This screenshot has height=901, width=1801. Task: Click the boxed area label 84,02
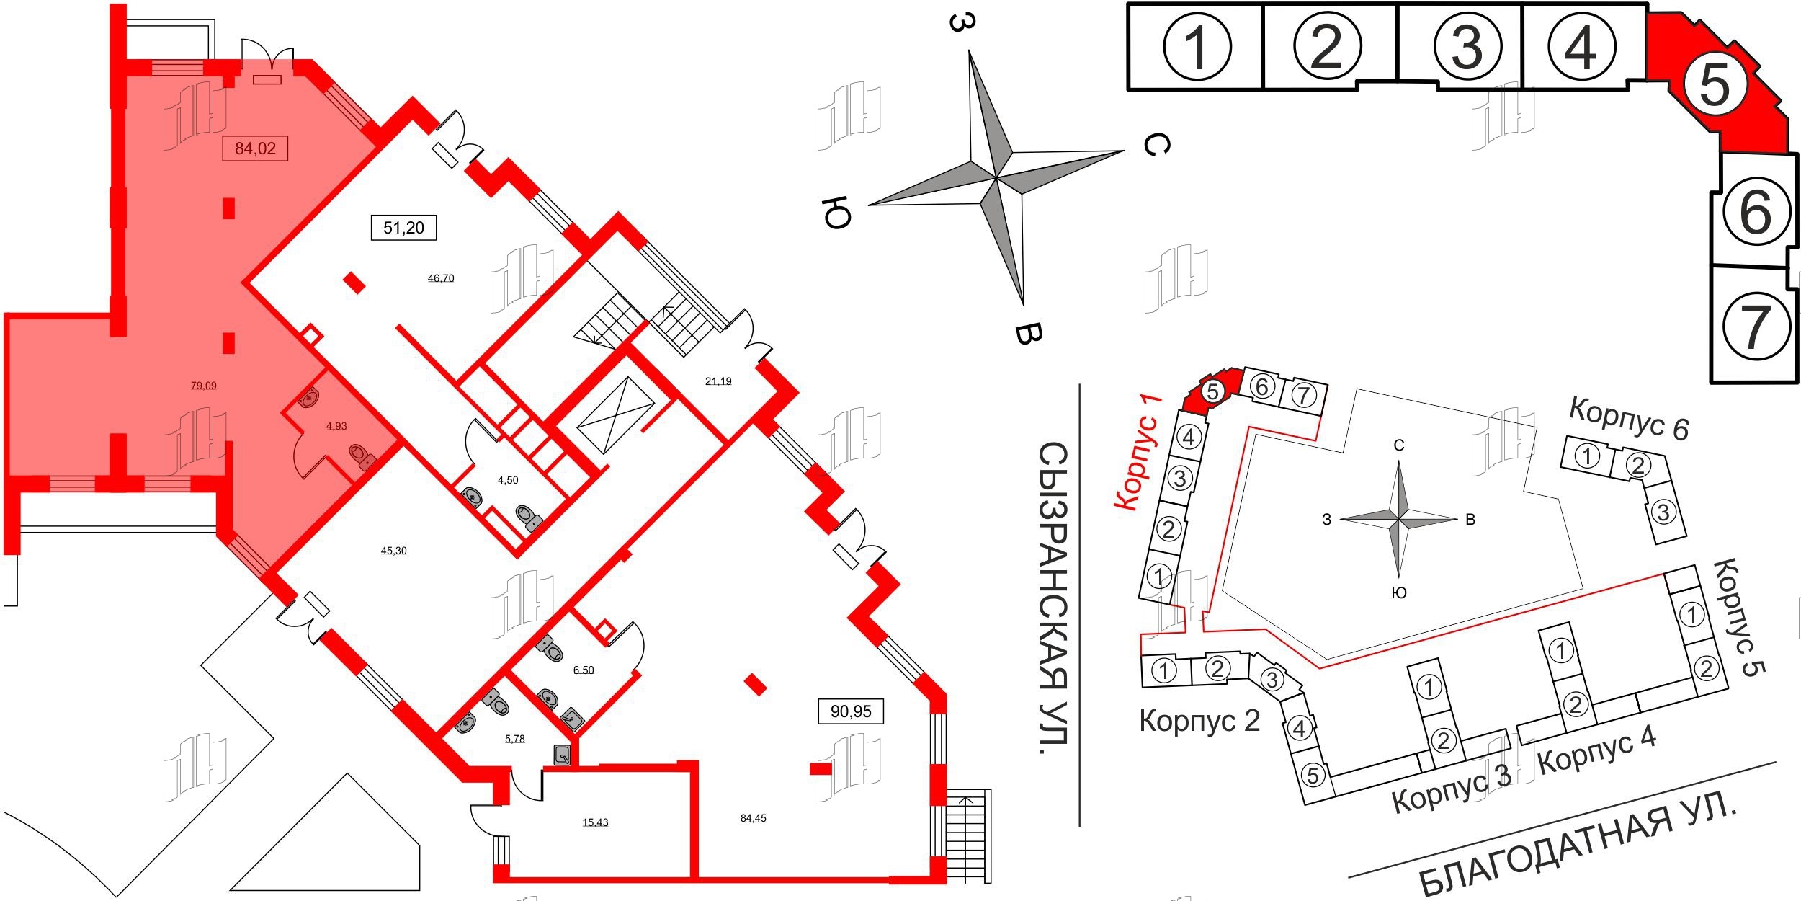click(x=255, y=148)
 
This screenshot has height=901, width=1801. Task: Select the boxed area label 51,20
click(x=403, y=228)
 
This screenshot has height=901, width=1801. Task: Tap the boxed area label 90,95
click(x=851, y=711)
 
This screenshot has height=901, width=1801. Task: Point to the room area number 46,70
click(x=441, y=278)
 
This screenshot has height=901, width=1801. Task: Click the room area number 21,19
click(x=718, y=381)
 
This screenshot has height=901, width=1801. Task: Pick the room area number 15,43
click(x=595, y=822)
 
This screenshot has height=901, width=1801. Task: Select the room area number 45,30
click(x=393, y=551)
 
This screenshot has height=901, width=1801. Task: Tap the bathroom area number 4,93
click(x=336, y=426)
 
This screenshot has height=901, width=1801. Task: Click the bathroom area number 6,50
click(x=583, y=670)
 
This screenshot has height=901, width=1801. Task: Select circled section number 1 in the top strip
click(x=1197, y=47)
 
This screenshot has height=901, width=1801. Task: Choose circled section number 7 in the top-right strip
click(x=1756, y=326)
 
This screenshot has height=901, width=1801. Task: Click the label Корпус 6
click(x=1629, y=419)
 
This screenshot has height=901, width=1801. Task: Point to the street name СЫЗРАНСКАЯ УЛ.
click(x=1053, y=598)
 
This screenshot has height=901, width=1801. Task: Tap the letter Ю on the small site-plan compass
click(x=1398, y=592)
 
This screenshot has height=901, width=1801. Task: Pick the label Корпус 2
click(x=1199, y=720)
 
